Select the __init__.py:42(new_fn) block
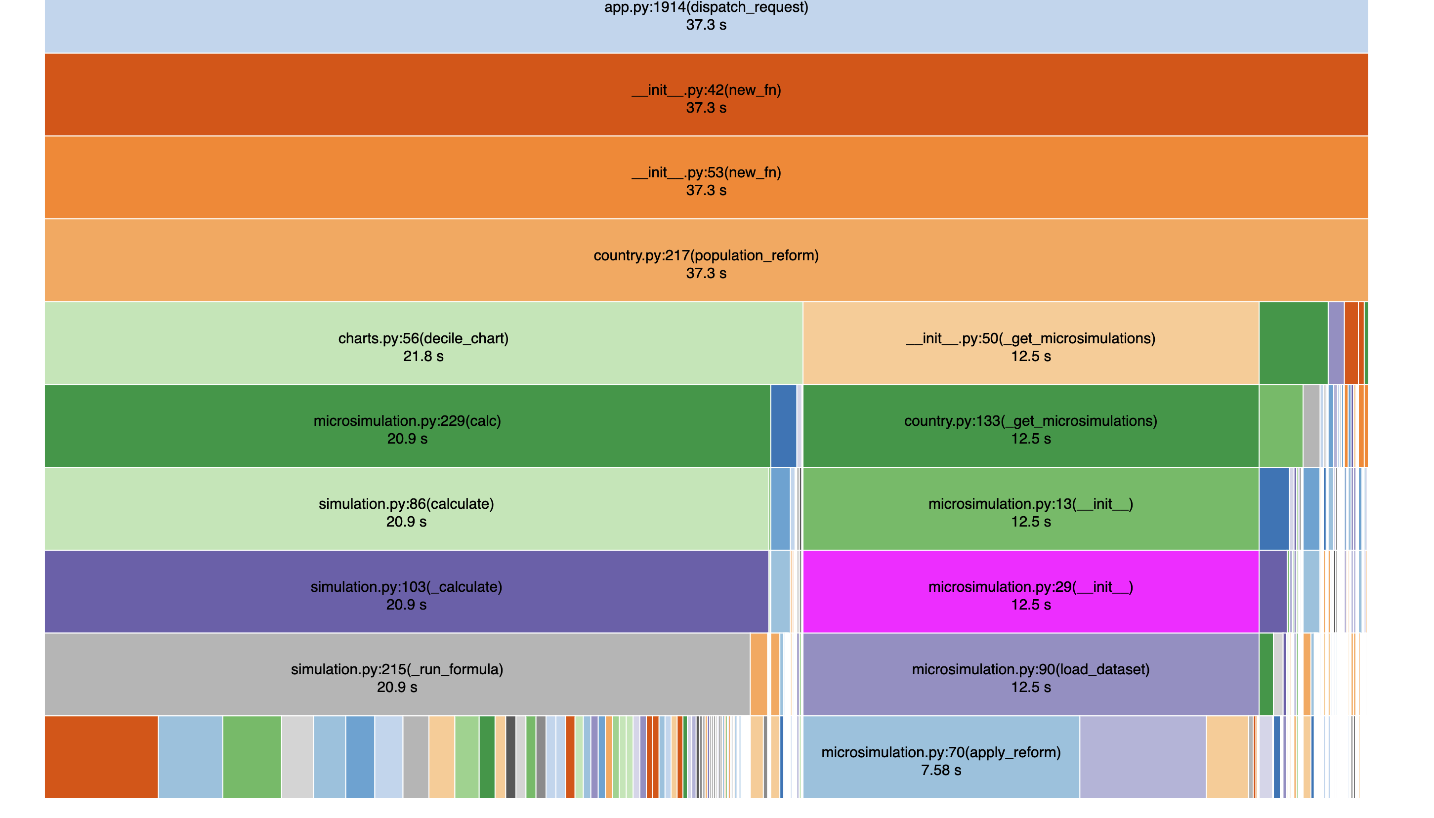tap(706, 95)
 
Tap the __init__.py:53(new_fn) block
tap(706, 178)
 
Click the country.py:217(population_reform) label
tap(706, 256)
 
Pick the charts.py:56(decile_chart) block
tap(423, 344)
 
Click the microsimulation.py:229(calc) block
tap(407, 426)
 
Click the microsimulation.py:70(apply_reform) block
tap(941, 753)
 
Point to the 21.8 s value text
tap(423, 356)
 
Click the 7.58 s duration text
tap(941, 770)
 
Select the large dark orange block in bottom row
tap(101, 757)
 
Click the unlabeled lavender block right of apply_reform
tap(1142, 757)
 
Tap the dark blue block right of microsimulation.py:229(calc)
tap(783, 426)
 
